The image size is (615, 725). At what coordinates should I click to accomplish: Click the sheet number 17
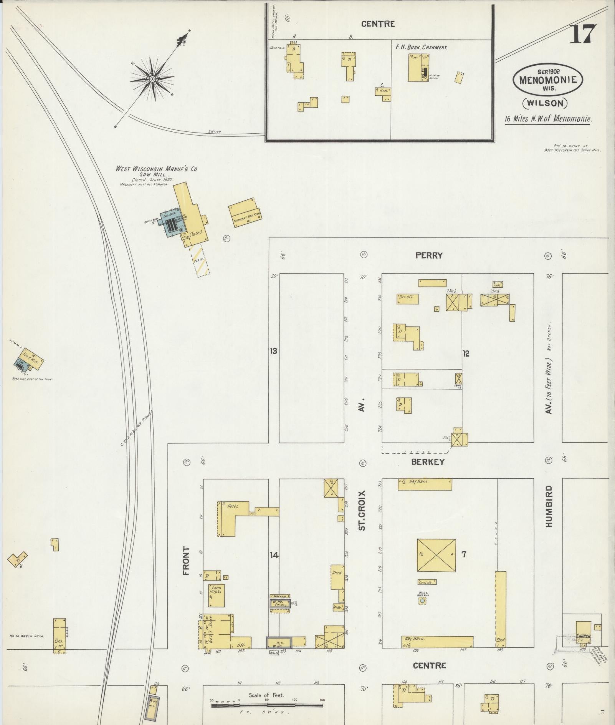click(582, 34)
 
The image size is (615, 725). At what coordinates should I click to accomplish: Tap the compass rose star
click(152, 79)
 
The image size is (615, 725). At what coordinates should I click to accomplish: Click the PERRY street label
click(428, 255)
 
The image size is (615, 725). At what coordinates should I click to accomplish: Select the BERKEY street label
click(428, 462)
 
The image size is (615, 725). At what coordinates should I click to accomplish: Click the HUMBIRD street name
click(549, 506)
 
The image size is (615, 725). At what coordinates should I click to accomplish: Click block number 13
click(273, 351)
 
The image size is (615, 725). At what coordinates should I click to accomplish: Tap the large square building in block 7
click(436, 554)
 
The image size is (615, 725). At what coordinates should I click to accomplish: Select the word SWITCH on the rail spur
click(215, 132)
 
